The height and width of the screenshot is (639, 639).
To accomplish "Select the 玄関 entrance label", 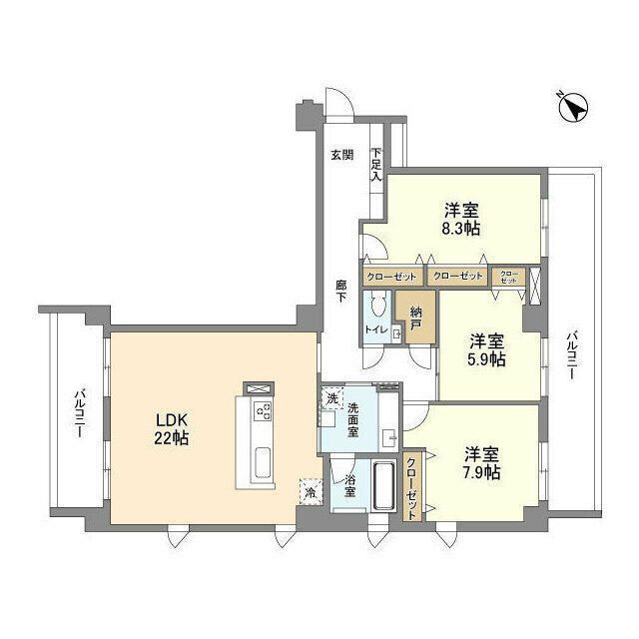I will tap(341, 155).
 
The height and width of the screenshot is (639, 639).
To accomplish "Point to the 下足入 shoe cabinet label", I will tap(376, 165).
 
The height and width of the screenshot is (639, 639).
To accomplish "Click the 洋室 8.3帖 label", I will tap(461, 219).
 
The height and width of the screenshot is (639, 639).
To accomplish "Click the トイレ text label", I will tap(375, 328).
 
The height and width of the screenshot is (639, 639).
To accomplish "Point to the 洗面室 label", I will tap(358, 418).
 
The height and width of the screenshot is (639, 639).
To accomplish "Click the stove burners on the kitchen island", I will tap(265, 412).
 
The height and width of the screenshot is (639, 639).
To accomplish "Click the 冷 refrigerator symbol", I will tap(311, 492).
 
